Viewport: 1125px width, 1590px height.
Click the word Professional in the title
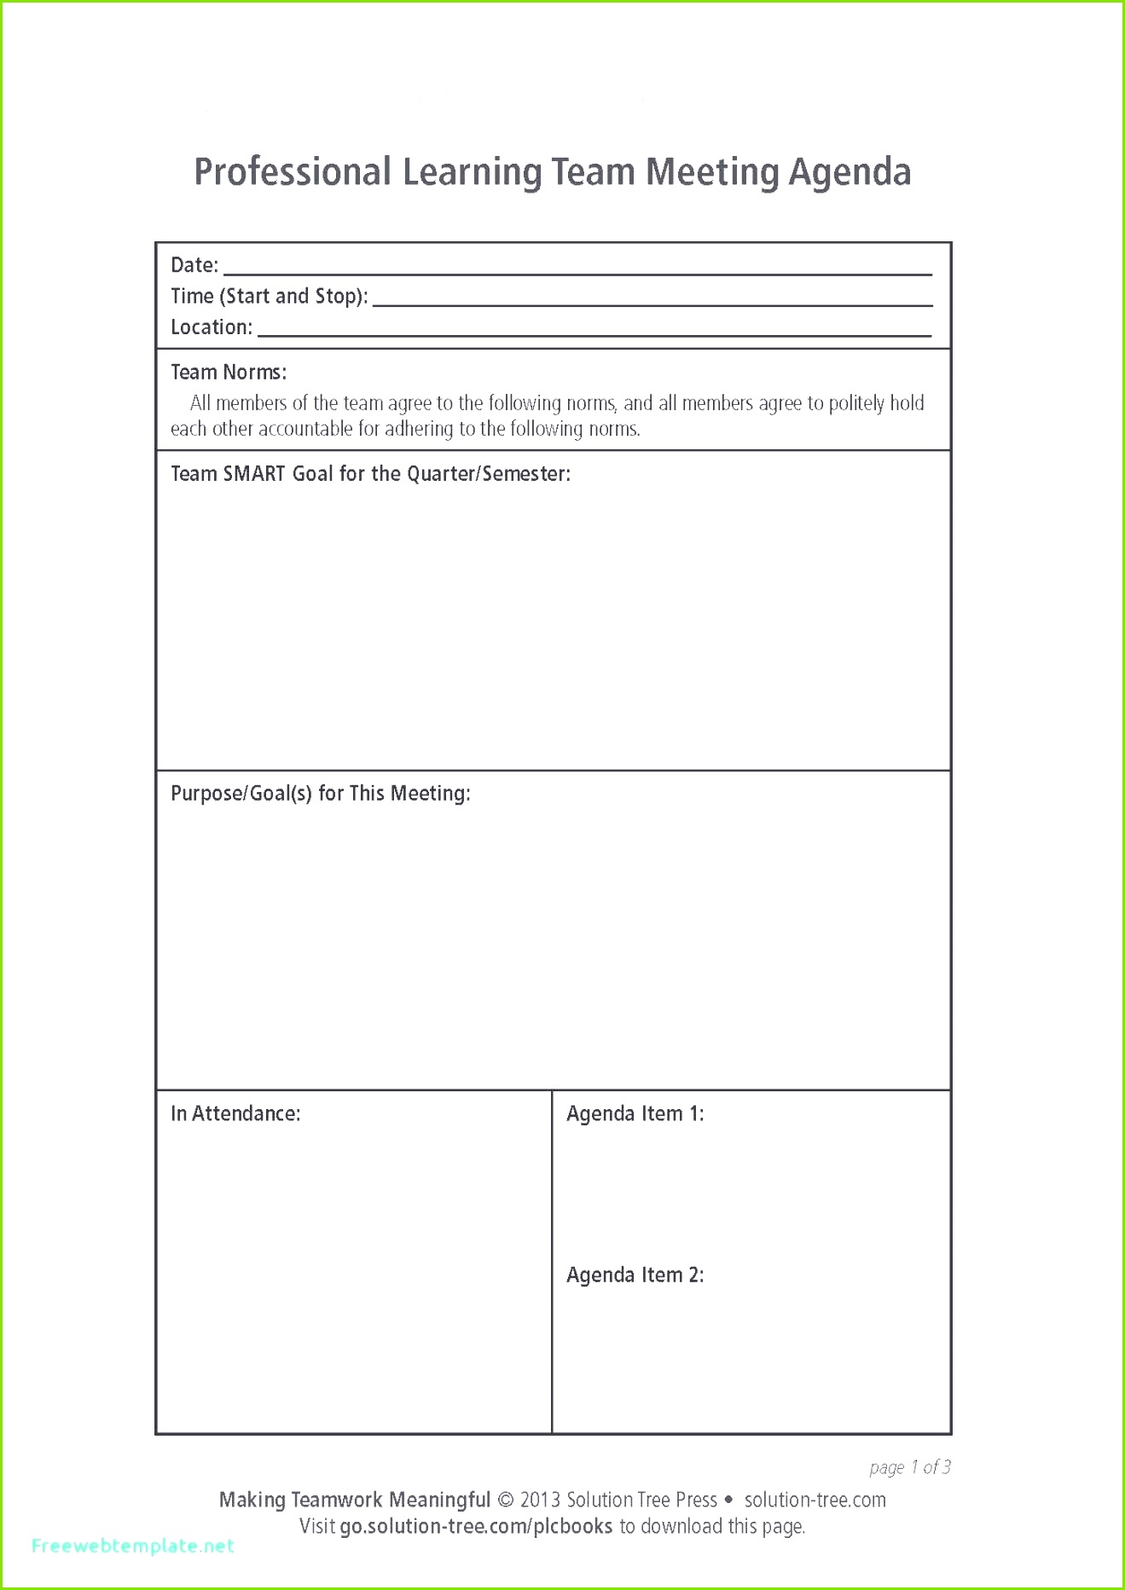(293, 172)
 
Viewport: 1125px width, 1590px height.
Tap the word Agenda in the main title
(850, 172)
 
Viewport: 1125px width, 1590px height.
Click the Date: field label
(194, 265)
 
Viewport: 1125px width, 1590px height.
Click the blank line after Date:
(577, 271)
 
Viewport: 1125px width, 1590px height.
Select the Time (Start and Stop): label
(269, 296)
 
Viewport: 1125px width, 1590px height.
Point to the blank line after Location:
(594, 333)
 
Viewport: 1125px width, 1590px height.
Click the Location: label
(212, 327)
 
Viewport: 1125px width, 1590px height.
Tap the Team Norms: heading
(229, 373)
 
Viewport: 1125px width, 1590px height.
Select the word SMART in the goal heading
(253, 474)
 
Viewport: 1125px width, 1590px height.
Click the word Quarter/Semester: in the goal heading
(488, 474)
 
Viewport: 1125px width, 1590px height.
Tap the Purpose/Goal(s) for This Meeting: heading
(320, 794)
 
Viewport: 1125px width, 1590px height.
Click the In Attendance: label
(235, 1113)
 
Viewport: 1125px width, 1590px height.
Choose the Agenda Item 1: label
(635, 1113)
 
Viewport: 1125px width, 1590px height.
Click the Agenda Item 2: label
(635, 1275)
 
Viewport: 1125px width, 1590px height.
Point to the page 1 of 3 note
(909, 1467)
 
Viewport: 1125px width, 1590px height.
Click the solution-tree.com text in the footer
(815, 1500)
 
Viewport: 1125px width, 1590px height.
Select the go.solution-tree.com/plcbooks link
(476, 1526)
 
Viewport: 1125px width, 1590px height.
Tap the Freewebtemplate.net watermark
(132, 1546)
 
